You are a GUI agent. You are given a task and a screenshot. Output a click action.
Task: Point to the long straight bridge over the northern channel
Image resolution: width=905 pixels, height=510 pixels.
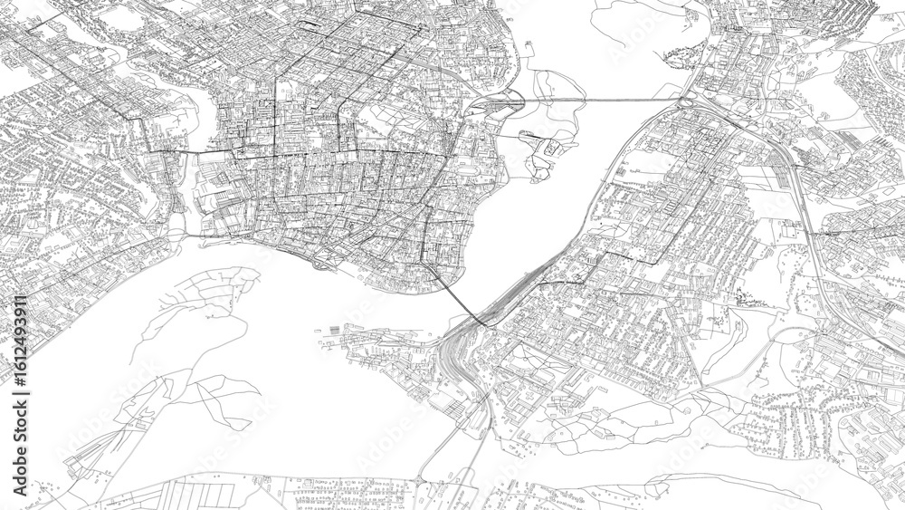(606, 98)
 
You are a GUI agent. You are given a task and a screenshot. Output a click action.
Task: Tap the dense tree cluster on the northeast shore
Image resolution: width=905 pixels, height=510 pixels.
(683, 56)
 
